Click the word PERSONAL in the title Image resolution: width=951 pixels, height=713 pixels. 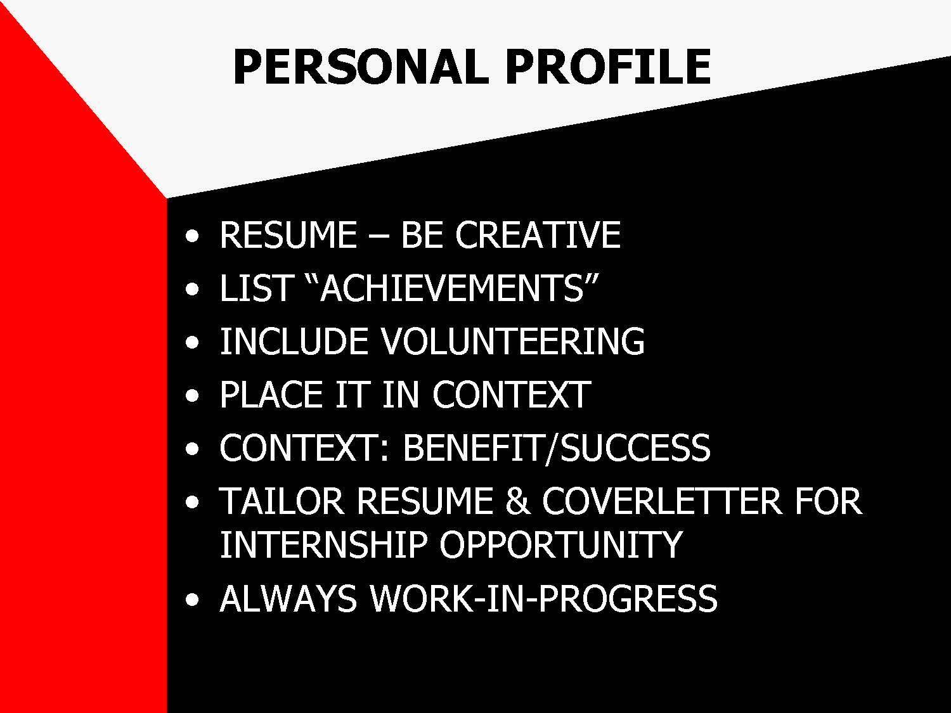[361, 67]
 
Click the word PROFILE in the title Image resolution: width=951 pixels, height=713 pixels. [607, 67]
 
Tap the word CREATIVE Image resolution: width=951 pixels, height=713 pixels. [538, 234]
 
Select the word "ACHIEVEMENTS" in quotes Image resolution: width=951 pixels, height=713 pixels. [453, 288]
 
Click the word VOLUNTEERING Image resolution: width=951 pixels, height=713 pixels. [512, 341]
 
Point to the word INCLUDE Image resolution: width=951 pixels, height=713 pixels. [294, 341]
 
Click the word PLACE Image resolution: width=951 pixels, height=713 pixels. [271, 394]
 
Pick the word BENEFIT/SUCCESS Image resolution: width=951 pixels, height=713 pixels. [557, 447]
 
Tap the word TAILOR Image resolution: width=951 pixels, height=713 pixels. [281, 501]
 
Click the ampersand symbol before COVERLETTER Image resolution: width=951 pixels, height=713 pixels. [518, 501]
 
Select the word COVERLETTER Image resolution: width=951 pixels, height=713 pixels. [663, 501]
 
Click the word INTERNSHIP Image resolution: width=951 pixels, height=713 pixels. [323, 544]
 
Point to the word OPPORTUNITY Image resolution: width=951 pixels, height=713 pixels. [561, 544]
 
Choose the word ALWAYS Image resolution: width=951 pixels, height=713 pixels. [288, 598]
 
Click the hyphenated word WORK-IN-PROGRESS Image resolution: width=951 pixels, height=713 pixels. [544, 598]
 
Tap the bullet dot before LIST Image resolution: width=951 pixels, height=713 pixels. [192, 289]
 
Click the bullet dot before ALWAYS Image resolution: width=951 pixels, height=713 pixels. [192, 600]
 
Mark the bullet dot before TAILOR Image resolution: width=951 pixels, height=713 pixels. [192, 502]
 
